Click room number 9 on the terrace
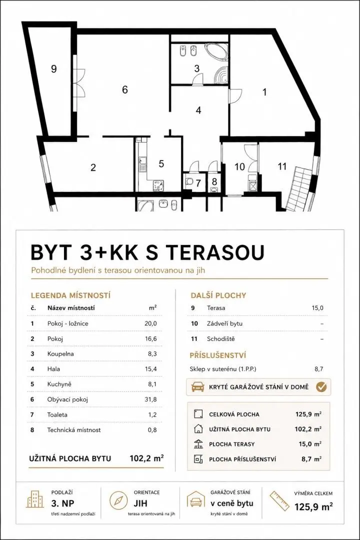[53, 69]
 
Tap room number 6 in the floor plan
[124, 89]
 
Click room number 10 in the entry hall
[239, 166]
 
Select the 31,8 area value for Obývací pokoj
[150, 399]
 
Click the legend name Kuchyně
[59, 384]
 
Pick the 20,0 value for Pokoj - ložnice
[150, 323]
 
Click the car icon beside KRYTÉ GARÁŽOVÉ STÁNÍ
[197, 386]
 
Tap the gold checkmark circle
[321, 386]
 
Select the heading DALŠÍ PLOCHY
[218, 295]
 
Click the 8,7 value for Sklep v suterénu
[318, 369]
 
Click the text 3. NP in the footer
[62, 503]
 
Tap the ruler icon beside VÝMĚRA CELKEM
[279, 501]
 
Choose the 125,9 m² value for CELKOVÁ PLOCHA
[308, 414]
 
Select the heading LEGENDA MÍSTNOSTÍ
[70, 295]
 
